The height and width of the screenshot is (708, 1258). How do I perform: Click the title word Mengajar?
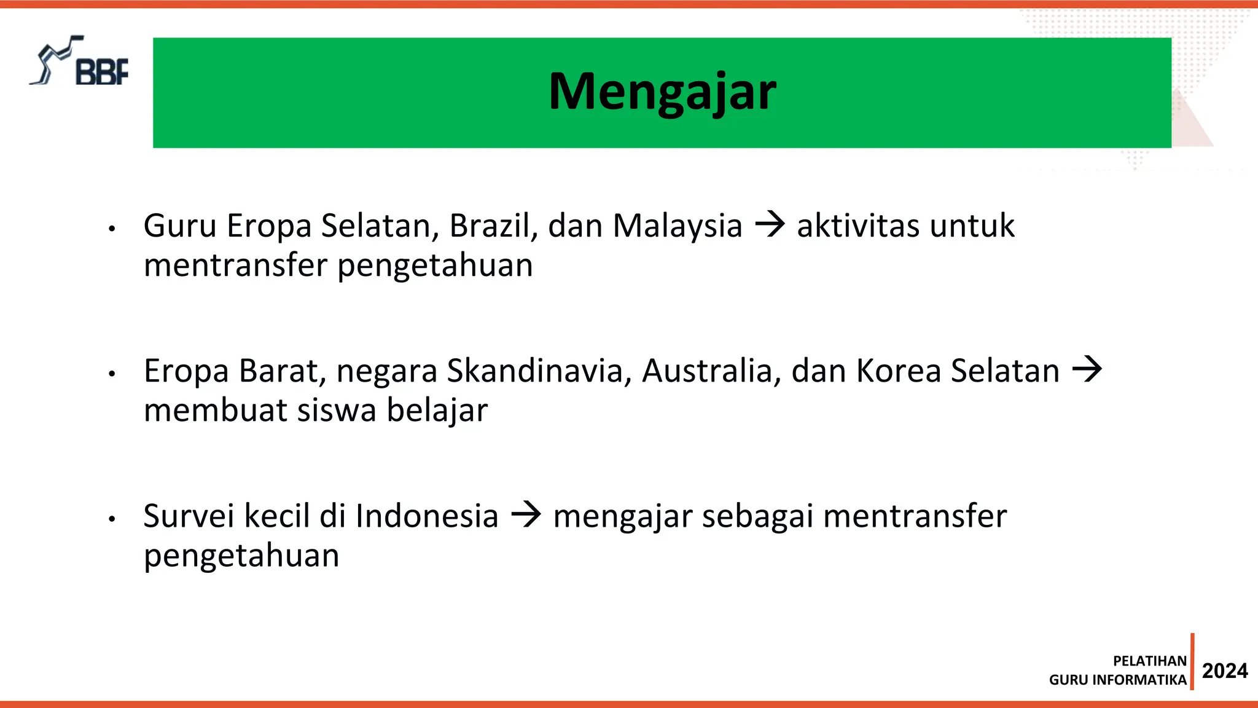662,92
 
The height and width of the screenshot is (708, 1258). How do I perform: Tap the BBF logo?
80,62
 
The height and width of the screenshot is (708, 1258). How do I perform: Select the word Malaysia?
678,226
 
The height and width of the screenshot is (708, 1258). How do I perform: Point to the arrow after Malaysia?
770,224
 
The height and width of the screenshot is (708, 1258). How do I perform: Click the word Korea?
898,371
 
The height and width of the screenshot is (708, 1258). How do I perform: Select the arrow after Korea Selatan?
1087,369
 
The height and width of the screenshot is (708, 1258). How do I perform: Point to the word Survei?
189,516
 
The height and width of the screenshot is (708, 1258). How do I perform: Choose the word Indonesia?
426,516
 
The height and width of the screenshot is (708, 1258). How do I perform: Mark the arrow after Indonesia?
526,514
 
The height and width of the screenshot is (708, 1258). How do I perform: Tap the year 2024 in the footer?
1224,671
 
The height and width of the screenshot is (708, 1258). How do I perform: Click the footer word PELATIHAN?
1149,661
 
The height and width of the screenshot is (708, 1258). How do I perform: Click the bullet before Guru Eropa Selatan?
112,229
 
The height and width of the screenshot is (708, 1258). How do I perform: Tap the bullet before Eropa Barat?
112,374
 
